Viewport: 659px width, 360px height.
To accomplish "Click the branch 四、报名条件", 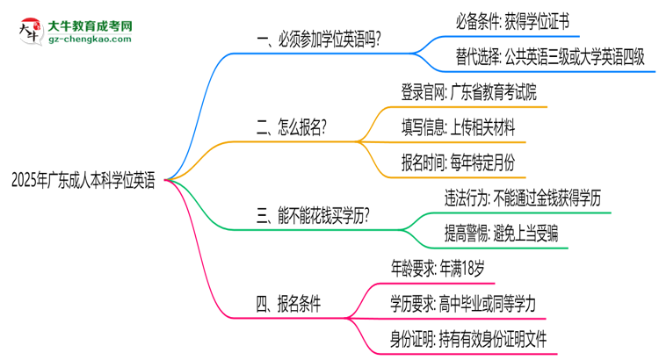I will (287, 304).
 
